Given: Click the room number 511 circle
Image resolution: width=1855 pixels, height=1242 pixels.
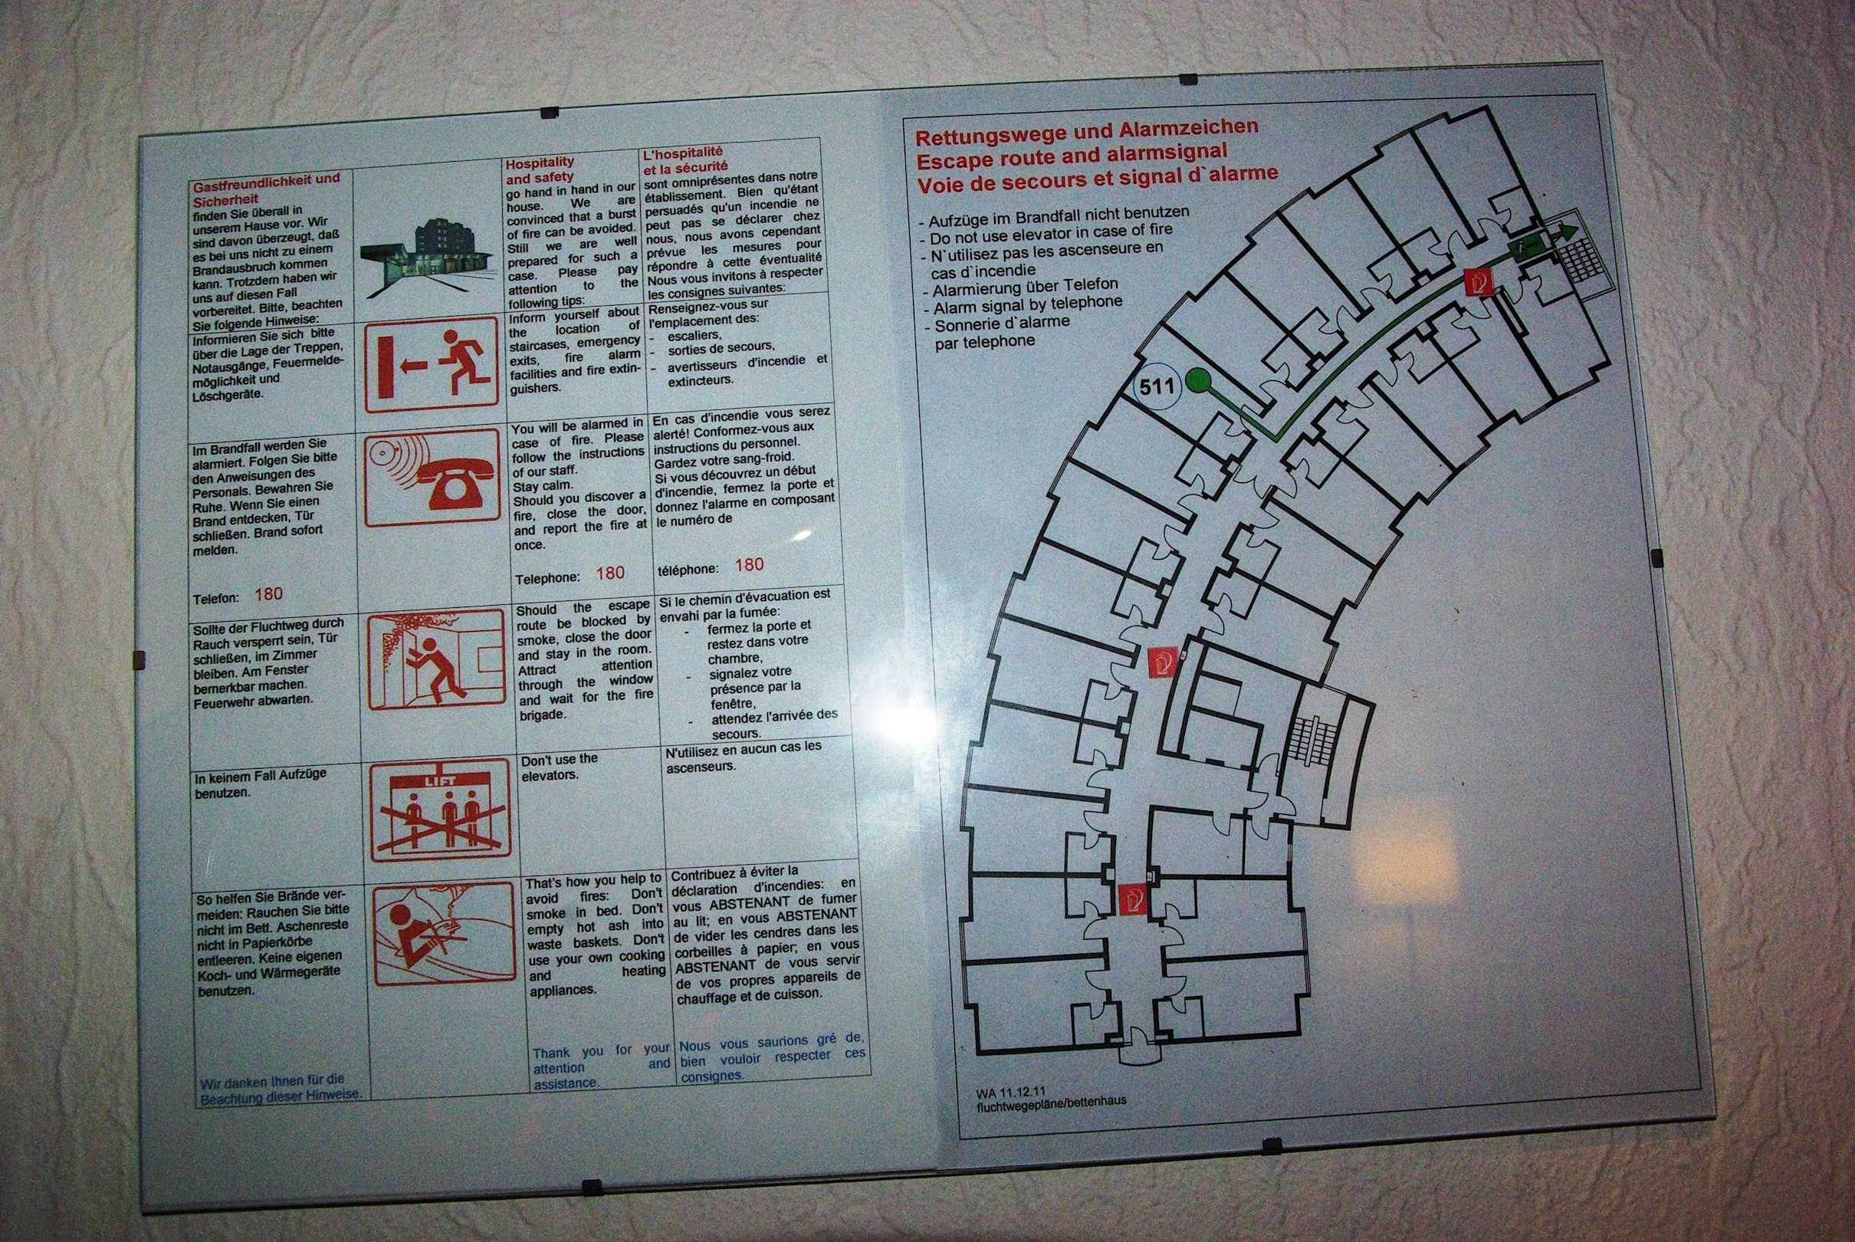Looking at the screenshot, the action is click(1157, 386).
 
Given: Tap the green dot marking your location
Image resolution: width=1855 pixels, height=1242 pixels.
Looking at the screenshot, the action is click(1199, 381).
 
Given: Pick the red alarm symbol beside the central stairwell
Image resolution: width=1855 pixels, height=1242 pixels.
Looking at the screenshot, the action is click(1163, 661).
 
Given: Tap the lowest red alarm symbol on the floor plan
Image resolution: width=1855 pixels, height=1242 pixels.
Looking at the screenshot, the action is click(1132, 899).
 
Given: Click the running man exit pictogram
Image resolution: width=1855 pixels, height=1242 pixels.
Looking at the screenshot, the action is click(432, 364).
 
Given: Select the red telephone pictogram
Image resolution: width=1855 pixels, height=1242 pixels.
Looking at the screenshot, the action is click(433, 478).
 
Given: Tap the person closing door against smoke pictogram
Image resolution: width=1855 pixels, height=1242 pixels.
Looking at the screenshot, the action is click(436, 659).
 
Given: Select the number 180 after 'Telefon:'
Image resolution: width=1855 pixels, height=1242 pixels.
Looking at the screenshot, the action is click(268, 594).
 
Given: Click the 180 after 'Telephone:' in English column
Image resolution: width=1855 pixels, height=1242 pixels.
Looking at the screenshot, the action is click(610, 573).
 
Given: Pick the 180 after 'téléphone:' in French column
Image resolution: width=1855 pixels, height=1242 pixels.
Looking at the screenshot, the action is click(749, 565).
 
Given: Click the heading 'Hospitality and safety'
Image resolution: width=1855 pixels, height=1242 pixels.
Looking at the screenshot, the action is click(540, 169).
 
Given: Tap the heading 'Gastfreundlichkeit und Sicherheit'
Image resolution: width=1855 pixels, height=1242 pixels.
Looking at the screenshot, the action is click(266, 189).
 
